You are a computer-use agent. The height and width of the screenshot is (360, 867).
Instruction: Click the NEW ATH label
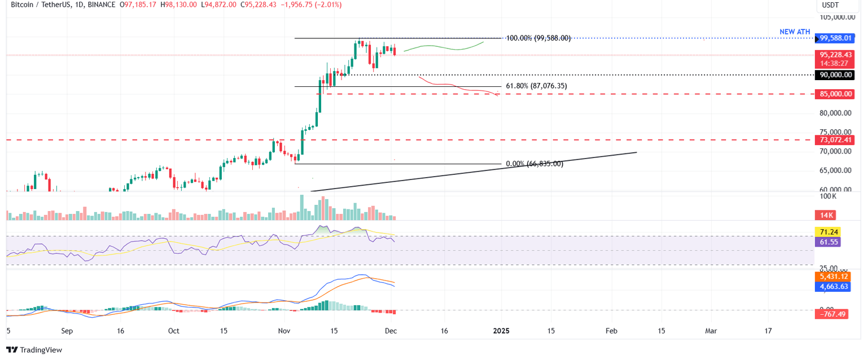click(x=795, y=32)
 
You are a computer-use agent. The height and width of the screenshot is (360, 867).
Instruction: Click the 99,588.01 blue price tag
click(x=837, y=38)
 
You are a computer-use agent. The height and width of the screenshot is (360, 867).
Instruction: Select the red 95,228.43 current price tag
click(x=835, y=55)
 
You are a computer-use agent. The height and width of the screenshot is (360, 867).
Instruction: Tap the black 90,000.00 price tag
click(x=835, y=74)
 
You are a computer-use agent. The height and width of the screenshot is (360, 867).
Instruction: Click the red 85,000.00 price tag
click(x=835, y=94)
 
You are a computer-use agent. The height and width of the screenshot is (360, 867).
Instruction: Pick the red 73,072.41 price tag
click(x=835, y=139)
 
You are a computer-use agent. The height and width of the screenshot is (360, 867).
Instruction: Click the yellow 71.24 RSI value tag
click(x=827, y=232)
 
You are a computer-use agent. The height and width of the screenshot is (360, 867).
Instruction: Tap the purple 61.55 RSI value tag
click(x=827, y=242)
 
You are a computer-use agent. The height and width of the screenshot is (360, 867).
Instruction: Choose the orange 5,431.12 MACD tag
click(x=834, y=277)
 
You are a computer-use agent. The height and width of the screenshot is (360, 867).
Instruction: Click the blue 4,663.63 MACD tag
click(x=834, y=287)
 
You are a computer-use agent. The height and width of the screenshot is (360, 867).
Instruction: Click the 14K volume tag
click(x=825, y=215)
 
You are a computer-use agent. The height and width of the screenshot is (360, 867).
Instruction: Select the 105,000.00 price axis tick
click(x=835, y=17)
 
